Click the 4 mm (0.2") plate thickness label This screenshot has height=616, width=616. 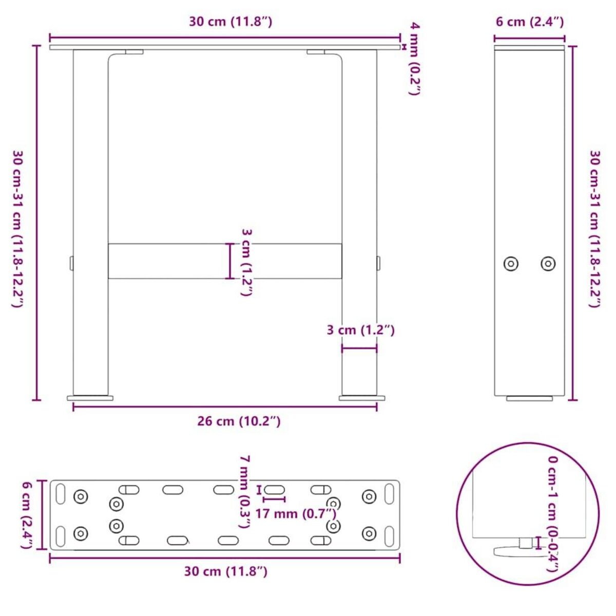(414, 59)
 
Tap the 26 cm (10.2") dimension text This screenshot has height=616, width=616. (239, 421)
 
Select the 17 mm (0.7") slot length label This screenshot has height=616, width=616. (296, 513)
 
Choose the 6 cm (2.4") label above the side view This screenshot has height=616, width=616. (529, 22)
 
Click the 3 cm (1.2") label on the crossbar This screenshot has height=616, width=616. (246, 262)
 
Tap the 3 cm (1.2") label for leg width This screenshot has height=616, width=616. (361, 330)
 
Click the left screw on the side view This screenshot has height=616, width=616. (510, 264)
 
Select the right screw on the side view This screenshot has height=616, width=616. (548, 264)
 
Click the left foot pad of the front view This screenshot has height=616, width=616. (90, 397)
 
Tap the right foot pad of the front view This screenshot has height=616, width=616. (361, 397)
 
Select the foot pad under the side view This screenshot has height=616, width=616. (530, 398)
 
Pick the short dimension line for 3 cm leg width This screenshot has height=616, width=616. (359, 349)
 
